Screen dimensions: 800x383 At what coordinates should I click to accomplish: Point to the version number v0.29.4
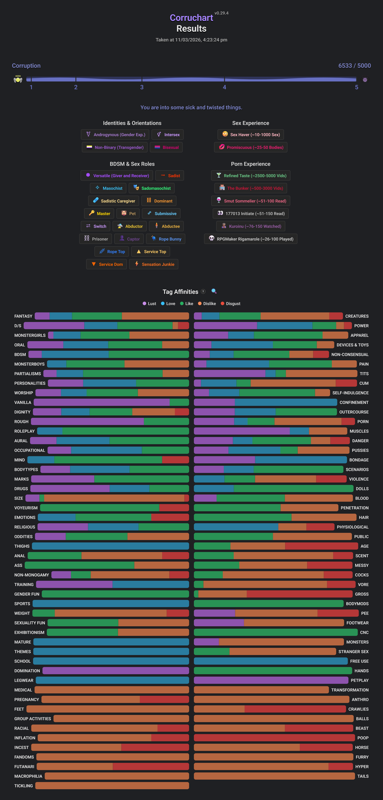(x=221, y=13)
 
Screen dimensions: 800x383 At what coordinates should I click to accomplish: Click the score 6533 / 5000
(x=354, y=66)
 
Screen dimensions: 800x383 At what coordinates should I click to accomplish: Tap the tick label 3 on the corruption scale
(x=142, y=87)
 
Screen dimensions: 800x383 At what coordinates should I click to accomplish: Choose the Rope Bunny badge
(x=166, y=239)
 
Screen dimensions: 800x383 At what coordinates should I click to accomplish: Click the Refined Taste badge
(x=251, y=176)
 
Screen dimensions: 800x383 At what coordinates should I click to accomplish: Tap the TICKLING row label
(x=24, y=786)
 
